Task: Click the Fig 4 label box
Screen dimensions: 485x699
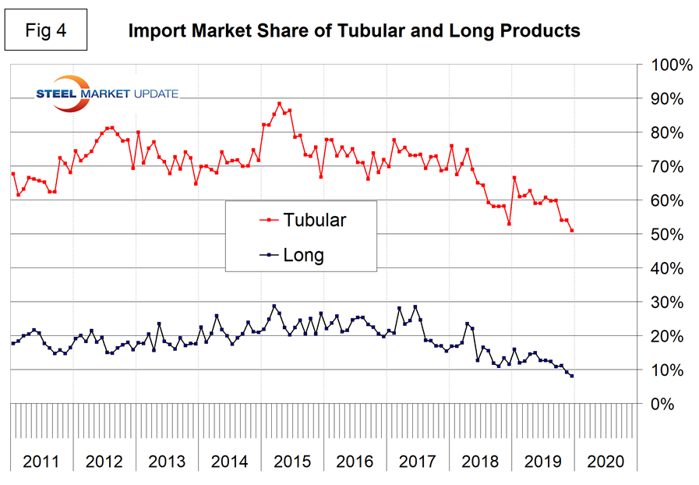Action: tap(45, 31)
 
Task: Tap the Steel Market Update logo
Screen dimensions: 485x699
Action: tap(107, 92)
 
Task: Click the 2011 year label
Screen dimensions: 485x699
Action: tap(41, 461)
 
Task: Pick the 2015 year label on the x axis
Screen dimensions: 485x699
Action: tap(292, 461)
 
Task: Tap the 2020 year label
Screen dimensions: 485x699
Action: tap(605, 461)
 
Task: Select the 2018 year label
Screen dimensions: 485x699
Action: tap(480, 461)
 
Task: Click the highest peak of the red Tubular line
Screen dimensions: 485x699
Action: tap(279, 103)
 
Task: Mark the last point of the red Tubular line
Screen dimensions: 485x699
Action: tap(573, 231)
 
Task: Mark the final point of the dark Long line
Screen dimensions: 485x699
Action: tap(573, 376)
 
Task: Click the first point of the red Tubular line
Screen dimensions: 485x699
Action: tap(13, 174)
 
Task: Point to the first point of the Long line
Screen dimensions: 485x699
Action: tap(13, 343)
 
